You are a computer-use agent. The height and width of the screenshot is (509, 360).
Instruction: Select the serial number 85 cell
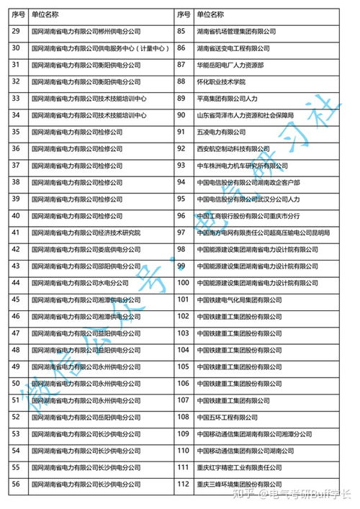point(182,32)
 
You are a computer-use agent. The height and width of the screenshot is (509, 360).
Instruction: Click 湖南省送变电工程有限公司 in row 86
point(233,48)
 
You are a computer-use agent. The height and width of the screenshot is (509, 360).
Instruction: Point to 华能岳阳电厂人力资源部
point(231,65)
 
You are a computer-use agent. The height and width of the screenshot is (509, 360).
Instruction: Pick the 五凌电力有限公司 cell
point(221,132)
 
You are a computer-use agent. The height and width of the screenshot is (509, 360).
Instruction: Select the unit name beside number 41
point(86,233)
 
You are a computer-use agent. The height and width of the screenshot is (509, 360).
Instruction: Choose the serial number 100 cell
point(183,283)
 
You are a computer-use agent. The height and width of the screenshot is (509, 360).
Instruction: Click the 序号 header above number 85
point(183,14)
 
